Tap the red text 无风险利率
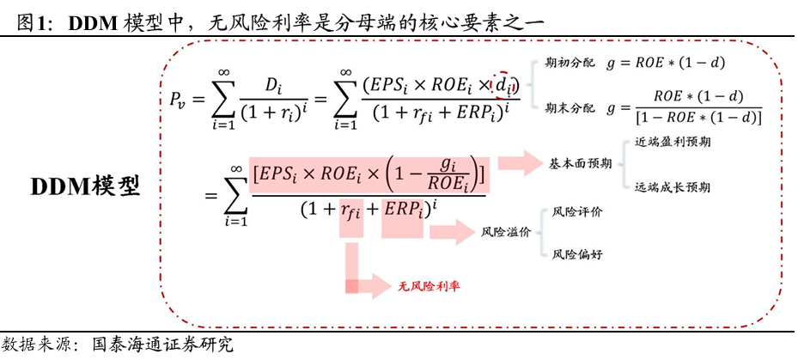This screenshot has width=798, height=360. click(x=427, y=286)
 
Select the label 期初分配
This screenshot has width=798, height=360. click(x=570, y=63)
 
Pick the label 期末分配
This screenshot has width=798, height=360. click(x=570, y=108)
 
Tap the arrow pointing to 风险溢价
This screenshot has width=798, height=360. click(x=451, y=231)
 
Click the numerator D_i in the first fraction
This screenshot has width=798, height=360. click(x=273, y=85)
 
